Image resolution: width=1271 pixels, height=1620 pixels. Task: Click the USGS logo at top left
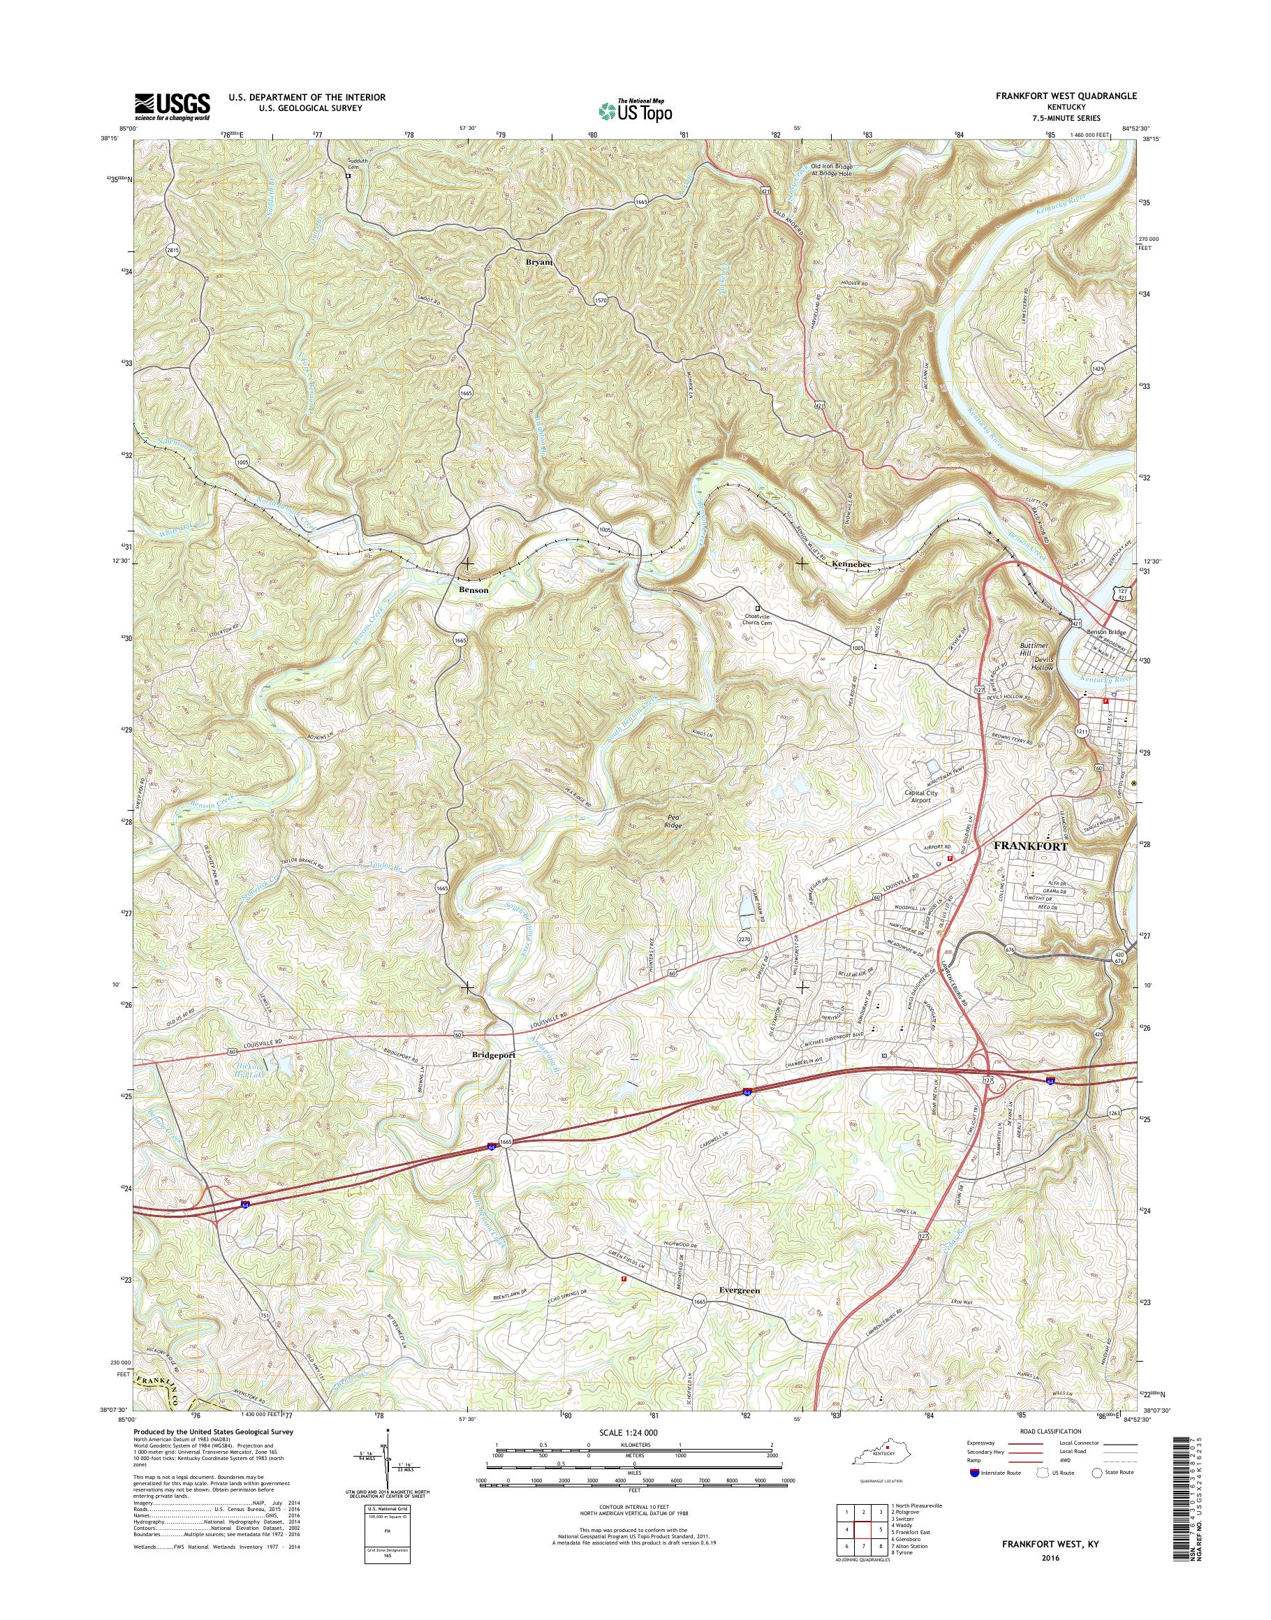pos(172,106)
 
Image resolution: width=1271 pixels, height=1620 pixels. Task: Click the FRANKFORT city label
pos(1031,847)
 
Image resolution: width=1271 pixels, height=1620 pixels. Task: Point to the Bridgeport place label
pos(492,1055)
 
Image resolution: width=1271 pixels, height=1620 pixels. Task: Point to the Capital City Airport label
pos(920,797)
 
